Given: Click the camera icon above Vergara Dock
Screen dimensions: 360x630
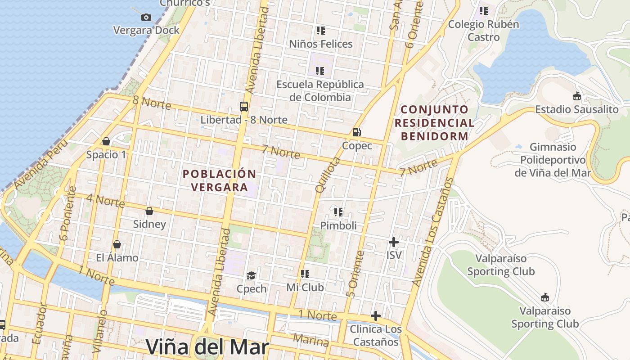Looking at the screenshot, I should coord(146,18).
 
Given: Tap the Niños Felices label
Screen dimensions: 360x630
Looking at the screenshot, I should coord(321,44).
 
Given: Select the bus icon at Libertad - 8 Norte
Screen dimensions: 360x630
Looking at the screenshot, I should coord(244,107).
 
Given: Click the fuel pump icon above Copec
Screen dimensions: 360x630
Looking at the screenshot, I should coord(357,132).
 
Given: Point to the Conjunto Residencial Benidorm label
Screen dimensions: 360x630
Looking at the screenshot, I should coord(435,122).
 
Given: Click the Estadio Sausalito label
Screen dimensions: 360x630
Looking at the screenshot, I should coord(576,109).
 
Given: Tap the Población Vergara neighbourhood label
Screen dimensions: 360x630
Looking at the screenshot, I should coord(220,180).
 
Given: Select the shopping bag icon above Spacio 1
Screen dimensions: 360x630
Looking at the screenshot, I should coord(106,141).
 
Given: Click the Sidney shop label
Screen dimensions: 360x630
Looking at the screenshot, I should coord(149,224).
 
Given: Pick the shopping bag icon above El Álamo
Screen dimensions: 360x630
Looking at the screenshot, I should coord(117,244).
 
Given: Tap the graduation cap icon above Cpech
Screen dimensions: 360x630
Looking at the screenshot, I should coord(251,275).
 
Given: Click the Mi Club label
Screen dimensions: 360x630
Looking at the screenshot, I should coord(305,287).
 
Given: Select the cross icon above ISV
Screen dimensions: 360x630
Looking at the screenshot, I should coord(394,242).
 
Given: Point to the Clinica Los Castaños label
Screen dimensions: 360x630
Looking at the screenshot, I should coord(376,336).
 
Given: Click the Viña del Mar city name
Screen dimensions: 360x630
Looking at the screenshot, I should coord(207,347).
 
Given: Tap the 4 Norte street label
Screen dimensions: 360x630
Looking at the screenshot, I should coord(105,200).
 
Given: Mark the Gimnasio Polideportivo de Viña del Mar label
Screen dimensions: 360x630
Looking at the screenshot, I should coord(553,160).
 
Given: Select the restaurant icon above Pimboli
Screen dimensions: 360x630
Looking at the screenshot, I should coord(338,212).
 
